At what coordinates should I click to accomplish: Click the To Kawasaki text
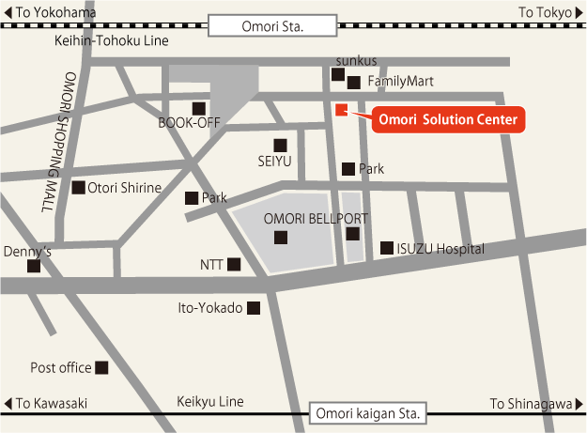point(53,404)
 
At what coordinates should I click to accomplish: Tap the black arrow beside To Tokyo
point(578,11)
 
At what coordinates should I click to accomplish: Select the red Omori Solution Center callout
point(447,120)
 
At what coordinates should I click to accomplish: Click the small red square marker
point(341,110)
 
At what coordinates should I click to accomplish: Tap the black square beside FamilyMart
point(353,83)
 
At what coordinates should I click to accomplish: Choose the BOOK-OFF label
point(188,123)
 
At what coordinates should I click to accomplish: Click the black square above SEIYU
point(280,145)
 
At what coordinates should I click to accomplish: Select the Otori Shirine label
point(125,188)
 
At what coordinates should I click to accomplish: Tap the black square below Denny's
point(34,266)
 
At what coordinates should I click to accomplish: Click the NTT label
point(211,265)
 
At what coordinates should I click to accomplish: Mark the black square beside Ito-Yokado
point(253,307)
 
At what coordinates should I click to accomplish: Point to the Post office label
point(61,367)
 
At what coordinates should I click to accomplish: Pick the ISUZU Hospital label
point(440,249)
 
